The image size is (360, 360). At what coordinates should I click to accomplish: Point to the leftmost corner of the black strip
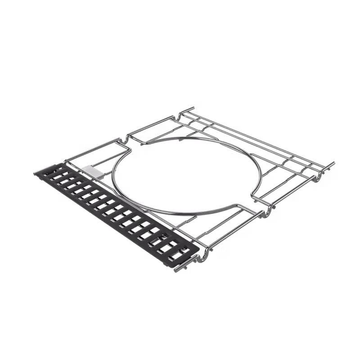33,171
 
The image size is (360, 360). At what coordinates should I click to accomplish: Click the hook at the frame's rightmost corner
321,177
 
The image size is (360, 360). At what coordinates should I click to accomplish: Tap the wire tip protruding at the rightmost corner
334,164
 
